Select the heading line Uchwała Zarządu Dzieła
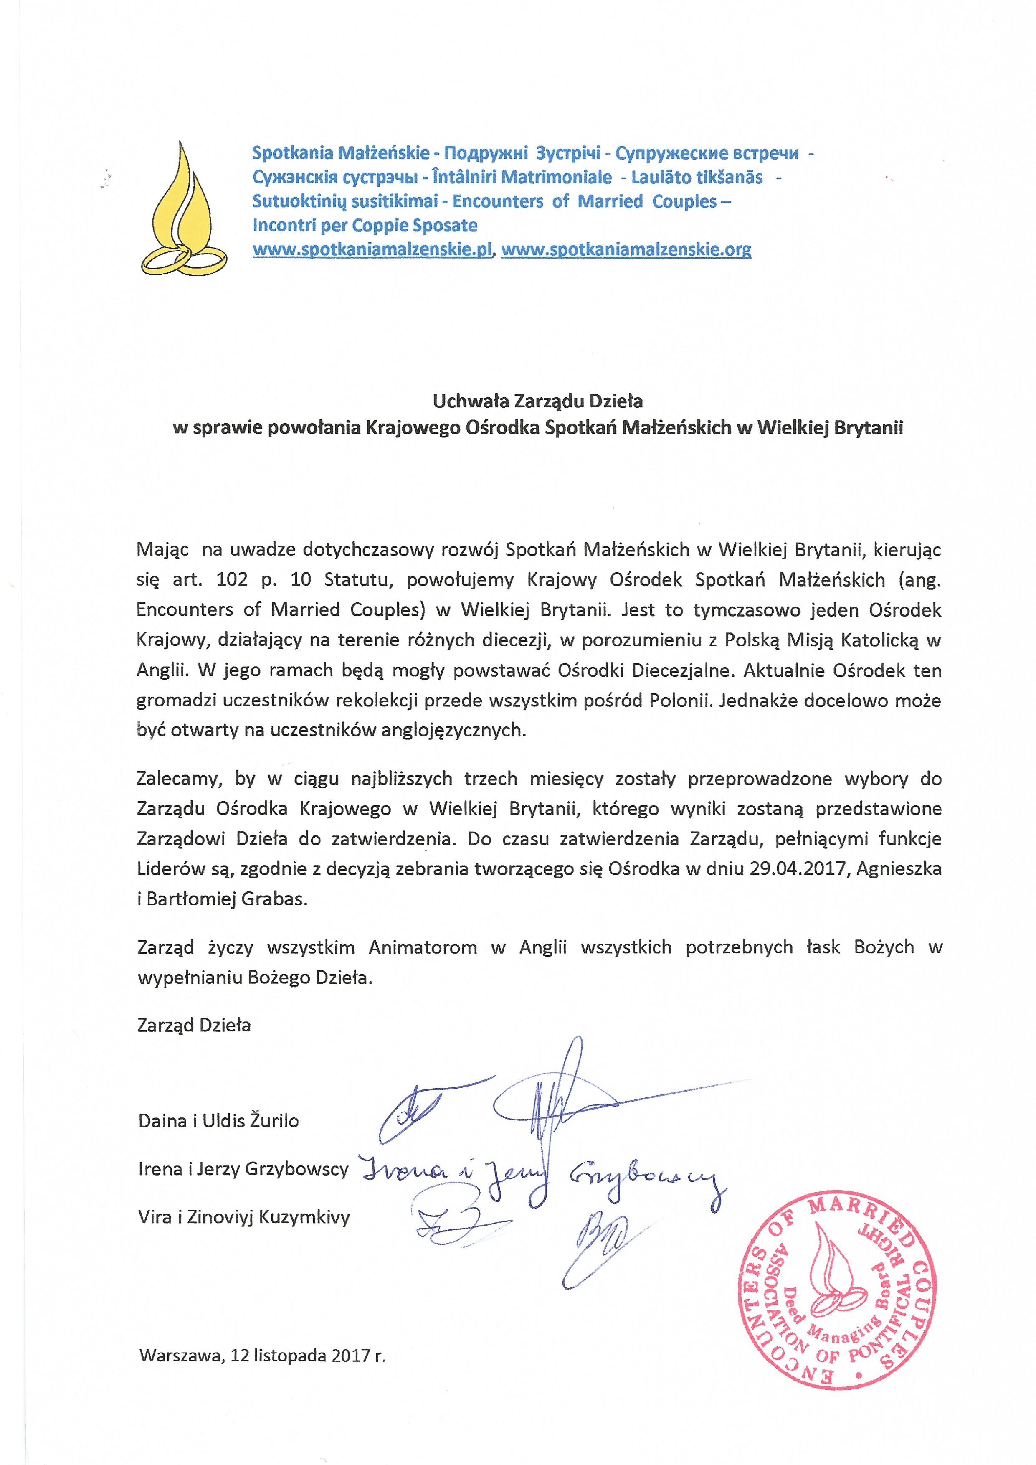(x=538, y=401)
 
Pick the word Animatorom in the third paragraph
(x=422, y=947)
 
